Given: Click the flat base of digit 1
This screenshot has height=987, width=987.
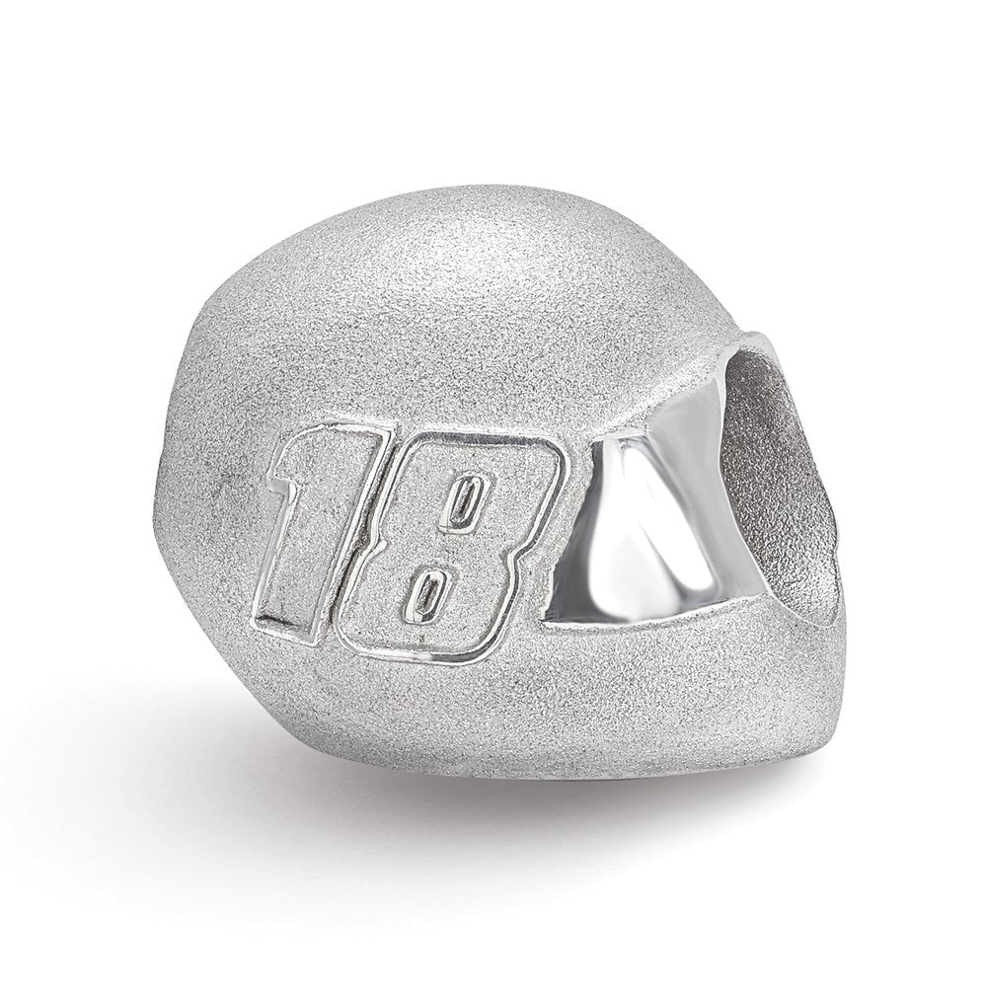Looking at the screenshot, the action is point(286,604).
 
